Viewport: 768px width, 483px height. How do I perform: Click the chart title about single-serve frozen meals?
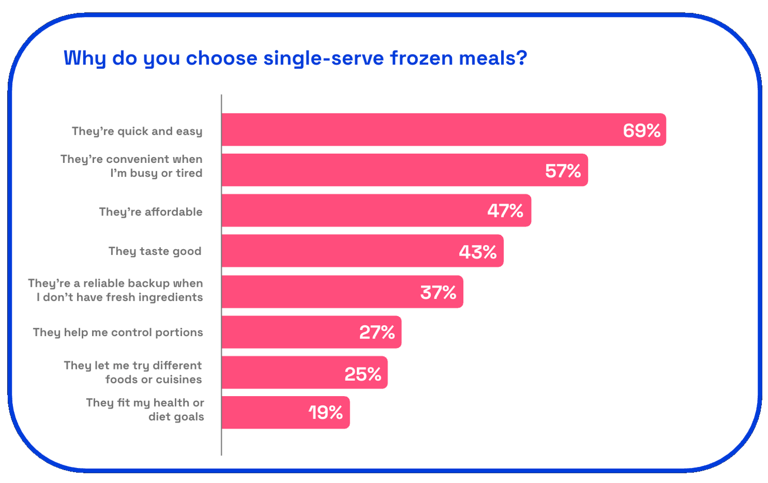point(295,58)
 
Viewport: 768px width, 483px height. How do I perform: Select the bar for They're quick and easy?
point(411,129)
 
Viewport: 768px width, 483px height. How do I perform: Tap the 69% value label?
point(641,131)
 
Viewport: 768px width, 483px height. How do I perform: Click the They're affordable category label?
point(151,212)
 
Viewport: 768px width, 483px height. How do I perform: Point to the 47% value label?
point(505,211)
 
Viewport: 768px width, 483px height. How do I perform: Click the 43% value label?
point(478,252)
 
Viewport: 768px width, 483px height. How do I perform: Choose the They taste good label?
point(155,251)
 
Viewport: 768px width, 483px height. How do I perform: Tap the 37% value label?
point(438,292)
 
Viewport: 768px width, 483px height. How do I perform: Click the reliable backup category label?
point(116,290)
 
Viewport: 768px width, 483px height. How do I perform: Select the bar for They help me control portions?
point(288,332)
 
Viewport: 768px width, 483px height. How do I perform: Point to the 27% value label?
point(377,332)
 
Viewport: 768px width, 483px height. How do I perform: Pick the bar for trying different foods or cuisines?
point(283,373)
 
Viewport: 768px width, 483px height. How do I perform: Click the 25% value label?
point(362,374)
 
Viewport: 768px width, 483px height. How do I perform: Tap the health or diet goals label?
point(145,410)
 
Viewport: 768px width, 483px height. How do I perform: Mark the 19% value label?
point(325,413)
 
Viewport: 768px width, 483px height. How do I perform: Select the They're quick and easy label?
point(137,131)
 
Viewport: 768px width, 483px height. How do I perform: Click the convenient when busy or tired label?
point(132,166)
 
